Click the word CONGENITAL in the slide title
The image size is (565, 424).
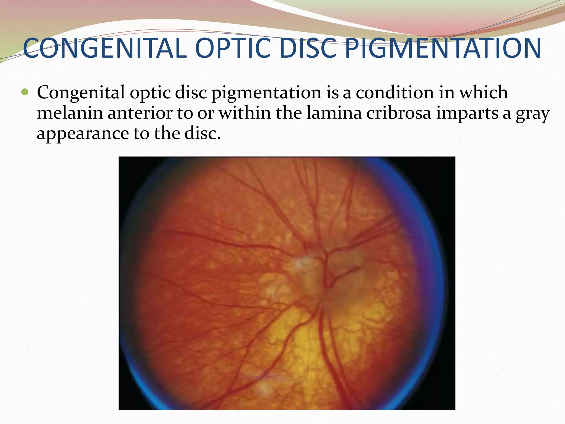click(105, 48)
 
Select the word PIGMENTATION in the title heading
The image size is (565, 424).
click(443, 48)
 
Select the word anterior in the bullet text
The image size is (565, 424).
click(140, 113)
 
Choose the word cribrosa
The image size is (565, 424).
click(399, 113)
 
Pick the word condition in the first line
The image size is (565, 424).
click(395, 92)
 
